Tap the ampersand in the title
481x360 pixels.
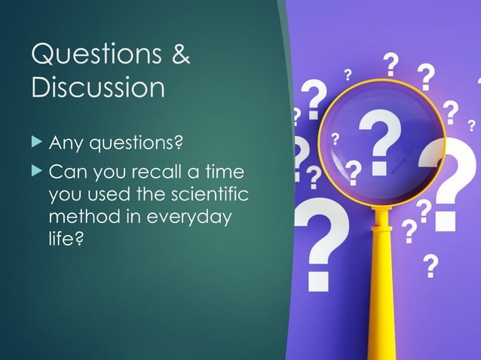point(178,55)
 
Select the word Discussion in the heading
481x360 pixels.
point(97,87)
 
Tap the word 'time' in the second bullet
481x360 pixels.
point(225,175)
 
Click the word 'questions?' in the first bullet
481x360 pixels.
point(137,142)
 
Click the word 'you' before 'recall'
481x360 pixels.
point(109,176)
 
